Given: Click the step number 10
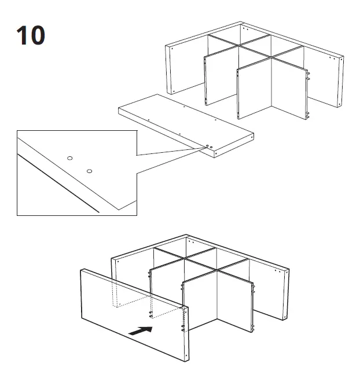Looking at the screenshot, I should [31, 35].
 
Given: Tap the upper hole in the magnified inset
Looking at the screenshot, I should [69, 158].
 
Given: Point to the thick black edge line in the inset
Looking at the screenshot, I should [58, 182].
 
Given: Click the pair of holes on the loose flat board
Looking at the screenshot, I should [208, 145].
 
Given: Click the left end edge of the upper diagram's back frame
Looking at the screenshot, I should [170, 69].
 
